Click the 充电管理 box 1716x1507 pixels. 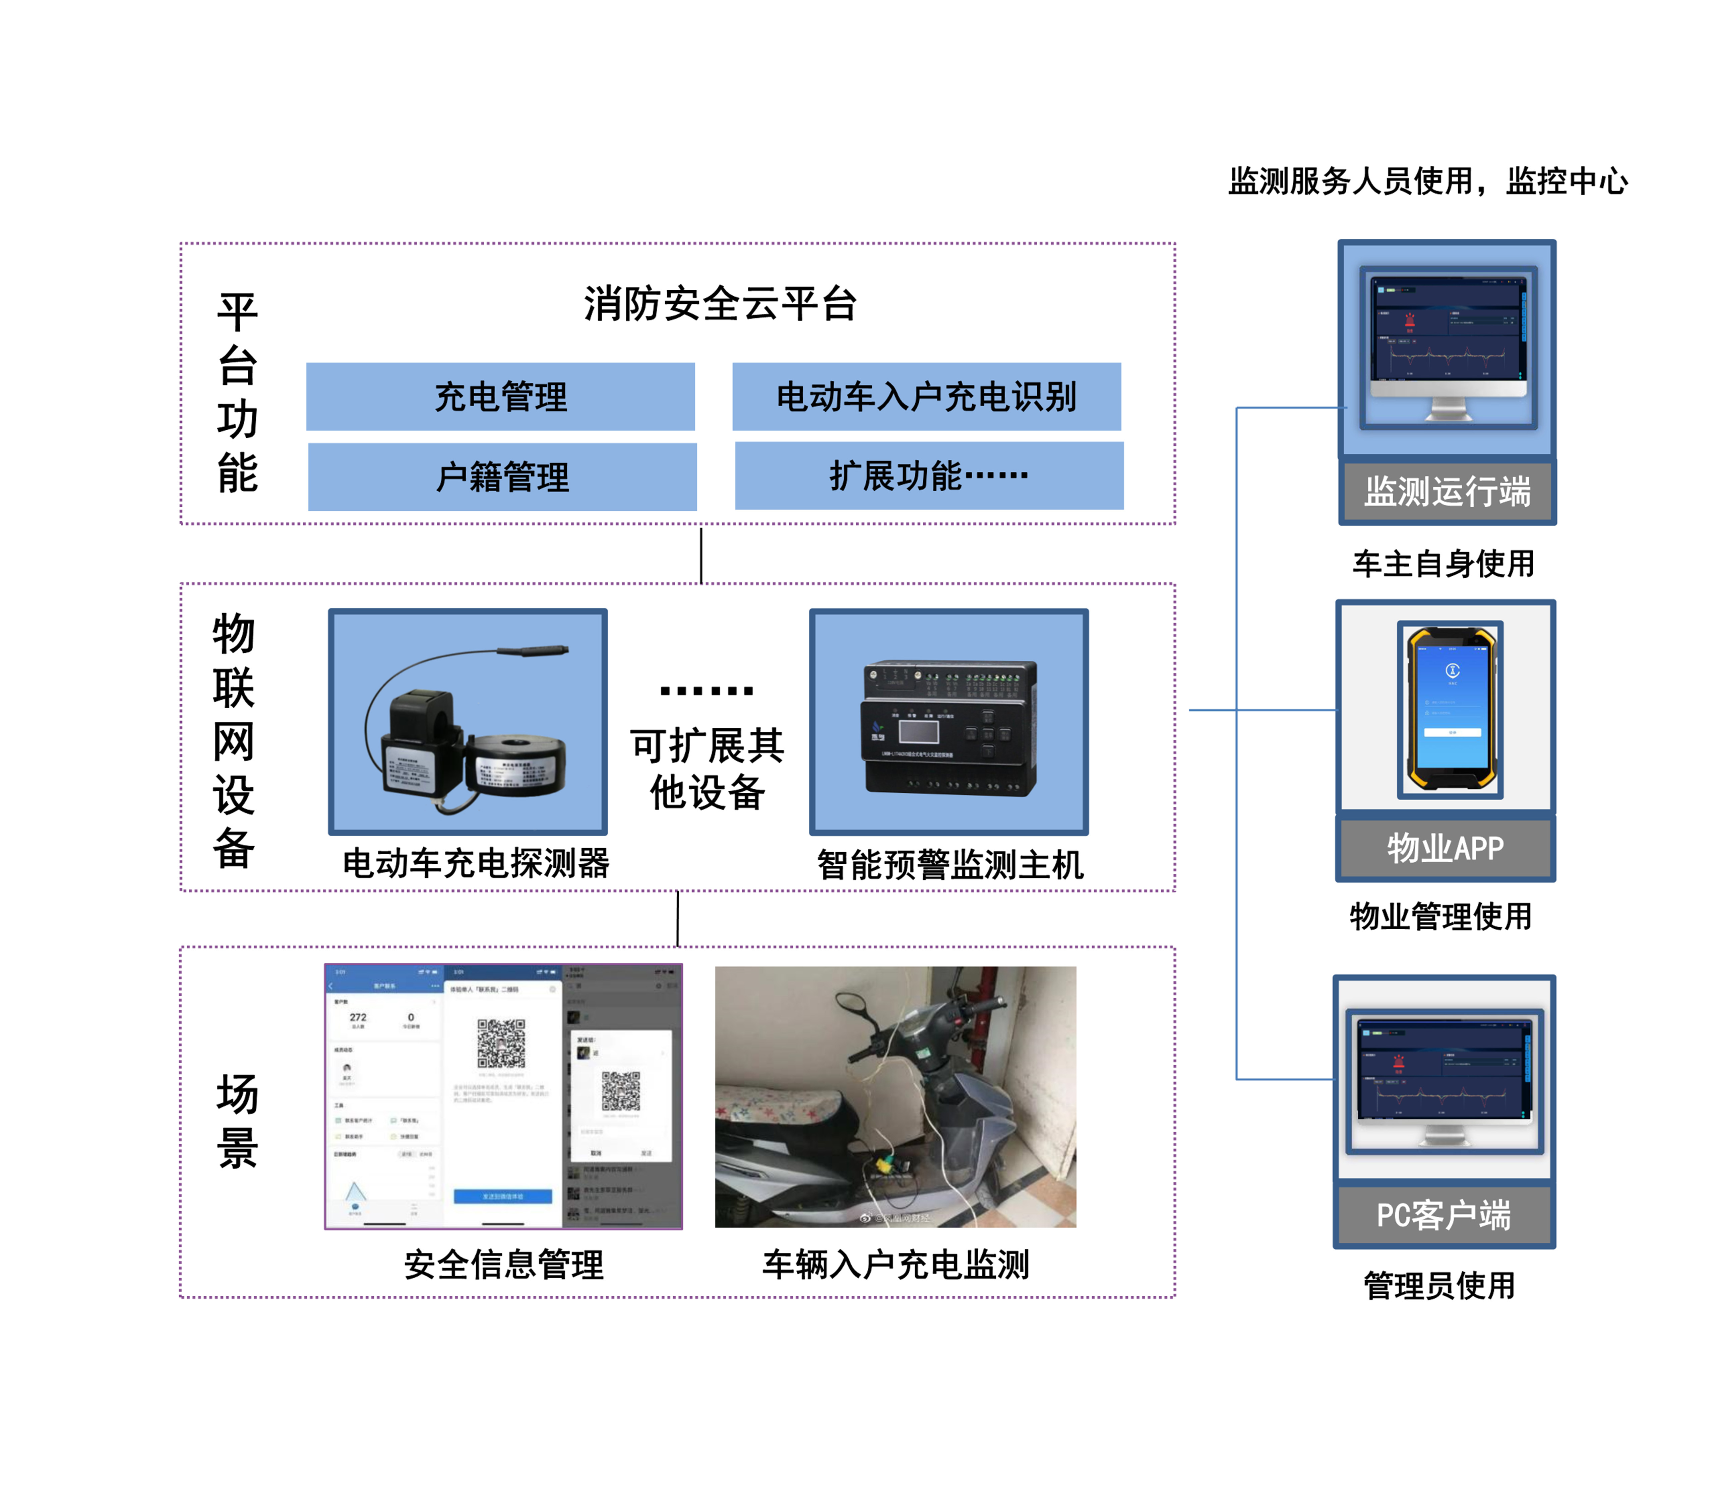coord(500,397)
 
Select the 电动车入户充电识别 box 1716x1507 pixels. coord(926,397)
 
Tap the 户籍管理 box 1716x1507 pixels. coord(502,477)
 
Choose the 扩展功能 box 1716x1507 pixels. coord(928,476)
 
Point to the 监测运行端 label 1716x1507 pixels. coord(1447,492)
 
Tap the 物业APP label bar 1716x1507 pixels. coord(1445,848)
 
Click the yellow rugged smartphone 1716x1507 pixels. coord(1451,709)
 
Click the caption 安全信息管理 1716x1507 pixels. coord(504,1265)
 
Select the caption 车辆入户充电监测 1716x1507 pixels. coord(895,1265)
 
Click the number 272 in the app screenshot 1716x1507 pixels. coord(358,1017)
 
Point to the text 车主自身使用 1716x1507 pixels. coord(1443,563)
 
